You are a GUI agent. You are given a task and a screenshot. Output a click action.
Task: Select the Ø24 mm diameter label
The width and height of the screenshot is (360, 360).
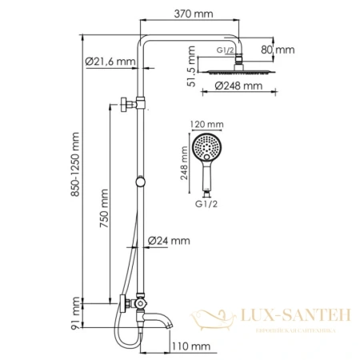pyautogui.click(x=170, y=240)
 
